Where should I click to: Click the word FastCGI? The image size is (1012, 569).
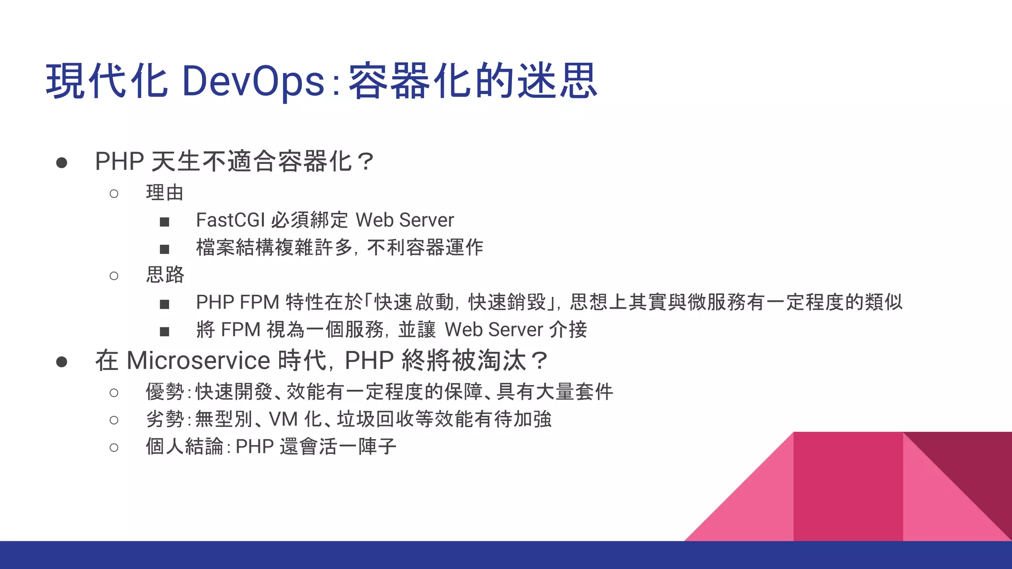pyautogui.click(x=230, y=220)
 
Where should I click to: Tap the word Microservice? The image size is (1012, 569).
pyautogui.click(x=198, y=361)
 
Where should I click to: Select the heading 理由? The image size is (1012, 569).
pyautogui.click(x=165, y=193)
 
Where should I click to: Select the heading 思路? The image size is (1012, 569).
pyautogui.click(x=165, y=275)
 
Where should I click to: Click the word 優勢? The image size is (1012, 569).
pyautogui.click(x=165, y=392)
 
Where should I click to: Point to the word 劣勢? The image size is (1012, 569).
pyautogui.click(x=165, y=419)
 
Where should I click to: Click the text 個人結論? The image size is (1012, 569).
pyautogui.click(x=184, y=447)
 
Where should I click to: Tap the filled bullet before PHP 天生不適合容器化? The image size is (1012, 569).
pyautogui.click(x=62, y=163)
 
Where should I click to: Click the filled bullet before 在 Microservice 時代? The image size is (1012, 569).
pyautogui.click(x=62, y=362)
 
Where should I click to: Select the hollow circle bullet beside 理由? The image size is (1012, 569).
pyautogui.click(x=114, y=194)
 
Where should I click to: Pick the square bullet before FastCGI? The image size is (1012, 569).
pyautogui.click(x=165, y=222)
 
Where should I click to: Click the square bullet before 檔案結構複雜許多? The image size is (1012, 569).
pyautogui.click(x=165, y=249)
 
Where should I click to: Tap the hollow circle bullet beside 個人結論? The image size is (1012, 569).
pyautogui.click(x=114, y=447)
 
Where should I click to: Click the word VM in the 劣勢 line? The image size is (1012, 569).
pyautogui.click(x=283, y=419)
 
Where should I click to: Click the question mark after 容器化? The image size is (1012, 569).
pyautogui.click(x=366, y=162)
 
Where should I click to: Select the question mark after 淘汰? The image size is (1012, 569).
pyautogui.click(x=539, y=361)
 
